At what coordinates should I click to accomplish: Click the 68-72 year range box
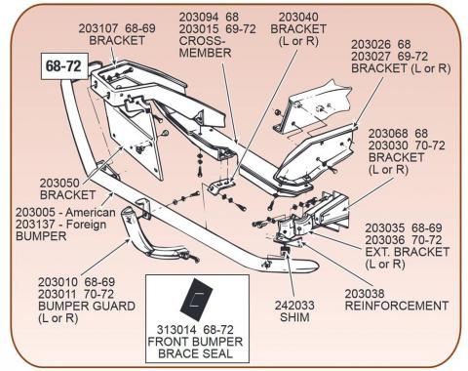point(64,66)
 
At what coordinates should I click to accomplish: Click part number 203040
point(298,17)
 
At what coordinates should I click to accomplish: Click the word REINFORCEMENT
point(397,306)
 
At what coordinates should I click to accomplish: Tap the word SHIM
point(294,317)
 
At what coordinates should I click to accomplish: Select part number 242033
point(294,306)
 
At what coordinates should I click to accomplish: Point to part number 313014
point(176,330)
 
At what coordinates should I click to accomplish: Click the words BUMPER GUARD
point(87,306)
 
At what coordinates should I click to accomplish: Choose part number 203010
point(58,282)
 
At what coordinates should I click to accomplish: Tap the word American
point(91,213)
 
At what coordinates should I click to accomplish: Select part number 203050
point(59,183)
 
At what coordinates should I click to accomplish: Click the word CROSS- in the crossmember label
point(202,41)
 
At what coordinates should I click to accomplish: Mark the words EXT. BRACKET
point(408,252)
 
